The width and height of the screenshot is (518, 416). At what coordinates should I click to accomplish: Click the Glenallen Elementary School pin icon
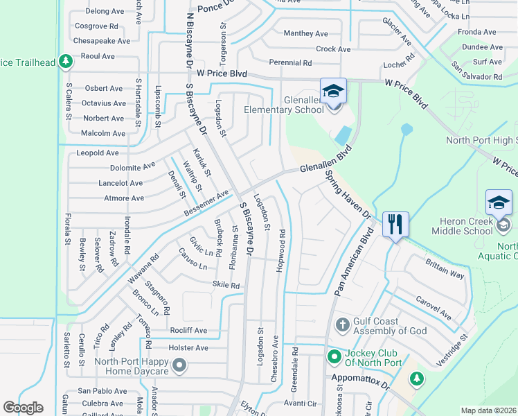(332, 92)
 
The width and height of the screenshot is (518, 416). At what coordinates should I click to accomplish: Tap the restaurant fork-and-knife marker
(395, 224)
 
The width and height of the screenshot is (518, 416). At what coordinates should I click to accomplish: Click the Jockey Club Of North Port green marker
(334, 357)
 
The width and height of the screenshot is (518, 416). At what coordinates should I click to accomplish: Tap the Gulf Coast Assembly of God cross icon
(341, 324)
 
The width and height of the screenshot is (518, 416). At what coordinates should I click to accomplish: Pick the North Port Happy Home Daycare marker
(180, 365)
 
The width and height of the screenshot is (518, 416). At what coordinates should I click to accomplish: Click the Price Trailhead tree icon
(66, 62)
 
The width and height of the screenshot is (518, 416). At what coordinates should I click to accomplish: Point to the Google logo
(24, 408)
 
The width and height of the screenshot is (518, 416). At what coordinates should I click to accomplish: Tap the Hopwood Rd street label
(282, 250)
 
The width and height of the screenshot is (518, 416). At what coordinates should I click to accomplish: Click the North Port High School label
(479, 140)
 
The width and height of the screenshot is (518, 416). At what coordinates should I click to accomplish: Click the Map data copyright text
(489, 410)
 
